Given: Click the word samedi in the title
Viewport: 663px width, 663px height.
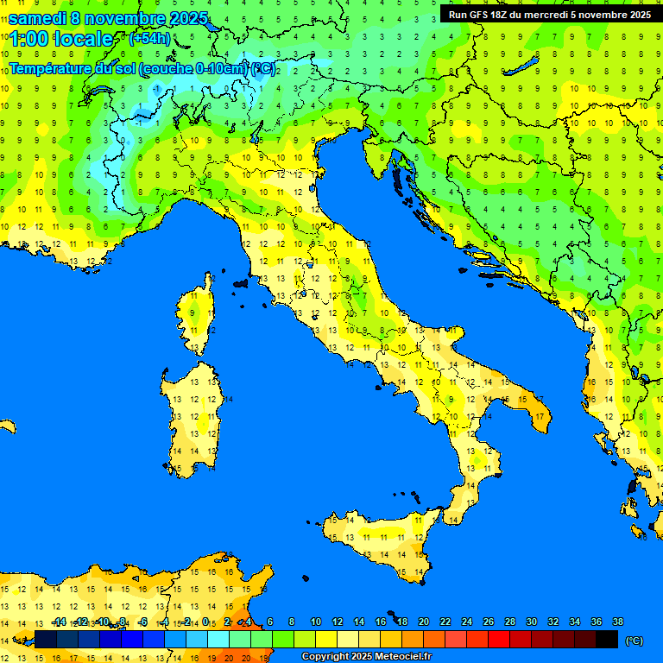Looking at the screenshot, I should (37, 17).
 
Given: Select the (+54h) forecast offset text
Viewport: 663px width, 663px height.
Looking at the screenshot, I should (149, 39).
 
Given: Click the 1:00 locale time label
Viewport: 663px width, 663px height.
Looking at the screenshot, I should (60, 39).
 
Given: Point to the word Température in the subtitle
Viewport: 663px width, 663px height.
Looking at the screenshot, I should (47, 68).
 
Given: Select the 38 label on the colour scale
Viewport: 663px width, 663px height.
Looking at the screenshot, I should (617, 622).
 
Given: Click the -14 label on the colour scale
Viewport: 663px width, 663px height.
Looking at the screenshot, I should (59, 622).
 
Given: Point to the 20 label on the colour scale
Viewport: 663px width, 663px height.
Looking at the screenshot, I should (423, 622).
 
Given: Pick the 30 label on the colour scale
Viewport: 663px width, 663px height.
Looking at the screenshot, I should (531, 622).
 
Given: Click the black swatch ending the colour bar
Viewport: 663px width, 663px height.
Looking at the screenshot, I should (607, 639).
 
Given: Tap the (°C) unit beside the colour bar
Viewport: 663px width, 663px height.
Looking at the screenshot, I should (635, 641).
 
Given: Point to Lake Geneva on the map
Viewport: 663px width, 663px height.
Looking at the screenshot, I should (103, 92).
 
